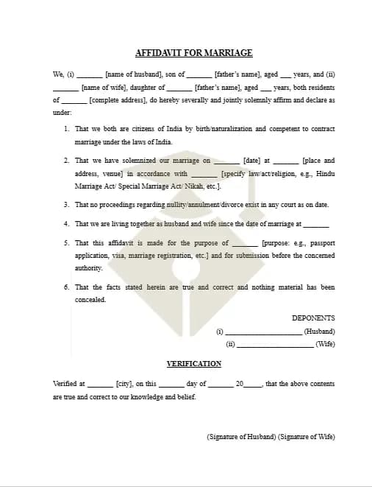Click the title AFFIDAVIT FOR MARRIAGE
click(194, 53)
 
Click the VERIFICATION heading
click(194, 363)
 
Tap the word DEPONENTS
click(313, 318)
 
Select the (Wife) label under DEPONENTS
click(325, 344)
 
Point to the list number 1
click(67, 129)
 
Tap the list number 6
click(67, 287)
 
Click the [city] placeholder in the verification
click(124, 384)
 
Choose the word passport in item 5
click(321, 242)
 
